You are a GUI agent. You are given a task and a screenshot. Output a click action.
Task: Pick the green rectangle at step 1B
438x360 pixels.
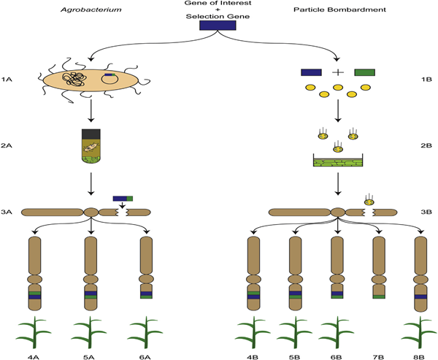pyautogui.click(x=365, y=72)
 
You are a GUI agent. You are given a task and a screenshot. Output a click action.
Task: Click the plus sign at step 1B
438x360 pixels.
pyautogui.click(x=338, y=72)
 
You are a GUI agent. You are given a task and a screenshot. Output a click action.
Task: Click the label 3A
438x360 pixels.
pyautogui.click(x=8, y=212)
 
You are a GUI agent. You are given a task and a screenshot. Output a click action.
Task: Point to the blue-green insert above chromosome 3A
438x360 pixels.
pyautogui.click(x=123, y=198)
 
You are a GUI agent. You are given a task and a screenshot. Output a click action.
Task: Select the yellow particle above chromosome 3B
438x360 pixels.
pyautogui.click(x=369, y=199)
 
